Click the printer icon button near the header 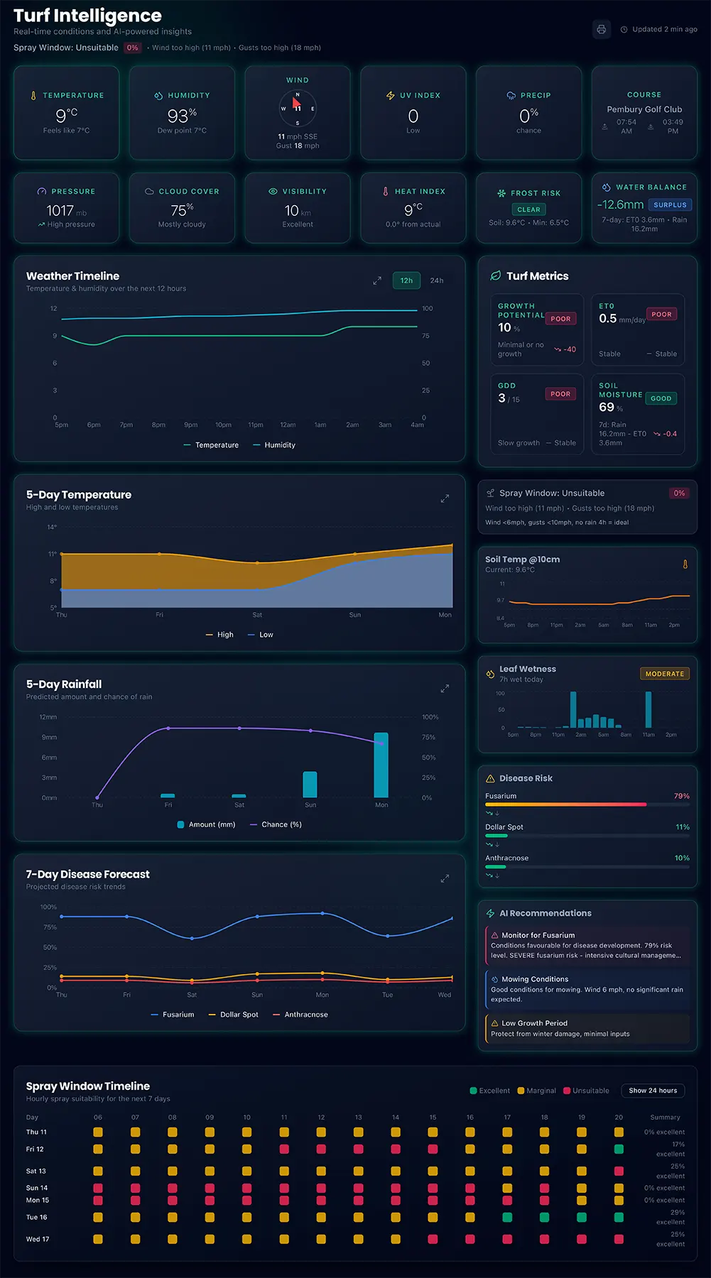coord(601,29)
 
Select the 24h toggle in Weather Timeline coord(437,280)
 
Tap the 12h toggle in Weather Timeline coord(406,280)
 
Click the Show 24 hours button coord(653,1091)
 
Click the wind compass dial coord(298,109)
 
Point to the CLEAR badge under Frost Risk coord(528,209)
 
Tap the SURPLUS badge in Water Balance coord(670,205)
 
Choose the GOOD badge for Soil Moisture coord(661,398)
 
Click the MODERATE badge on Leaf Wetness coord(664,674)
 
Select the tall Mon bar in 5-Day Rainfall coord(381,765)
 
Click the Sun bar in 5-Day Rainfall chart coord(310,785)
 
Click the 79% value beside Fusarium coord(681,796)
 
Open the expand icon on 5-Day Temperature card coord(445,498)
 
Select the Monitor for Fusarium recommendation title coord(538,935)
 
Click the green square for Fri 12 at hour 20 coord(619,1149)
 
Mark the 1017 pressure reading coord(60,211)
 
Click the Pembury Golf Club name coord(644,109)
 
